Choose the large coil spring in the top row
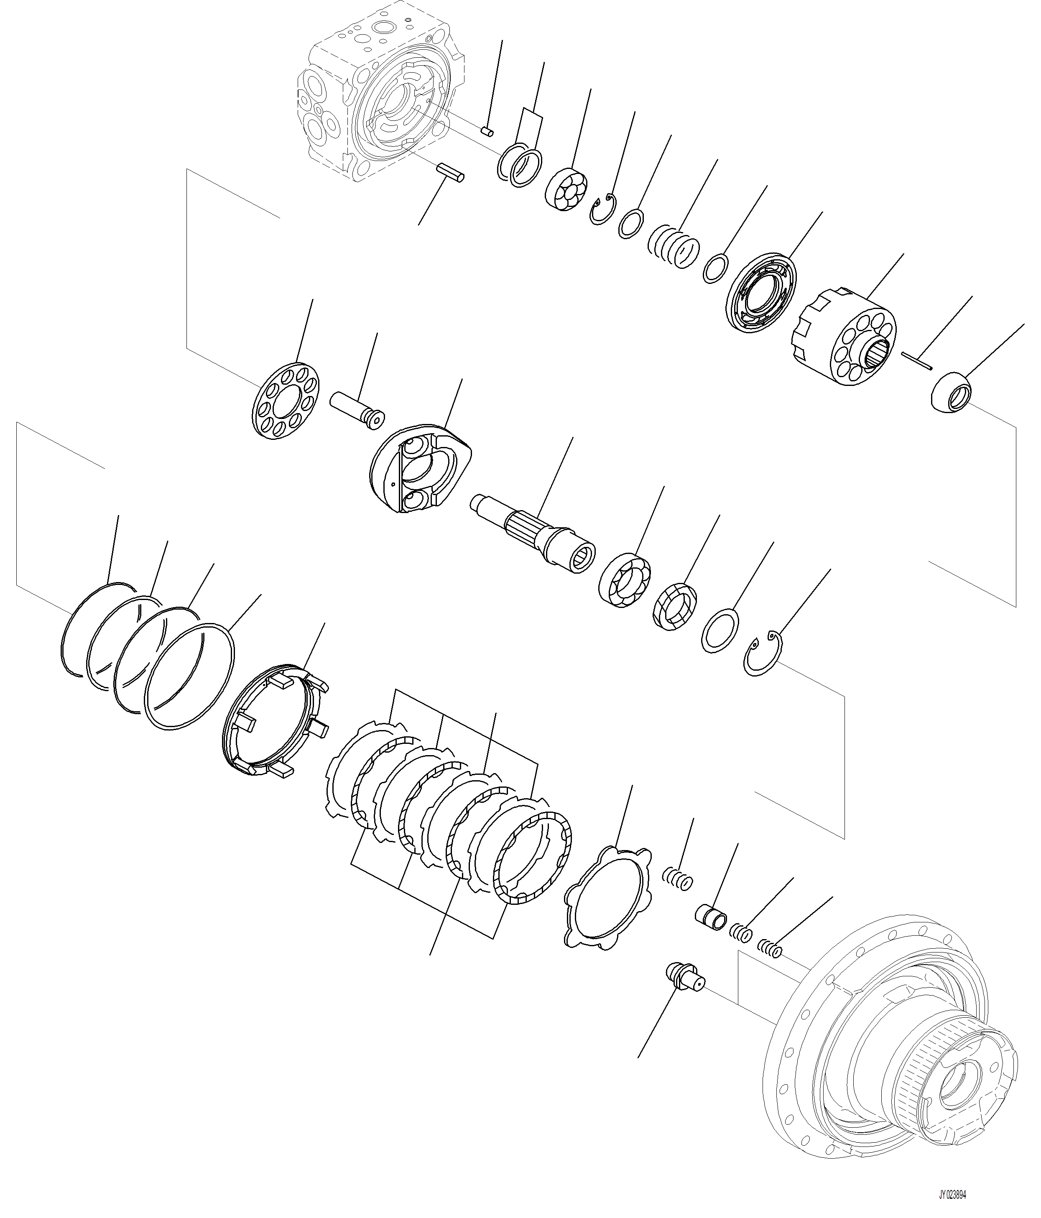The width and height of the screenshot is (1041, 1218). pos(673,246)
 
